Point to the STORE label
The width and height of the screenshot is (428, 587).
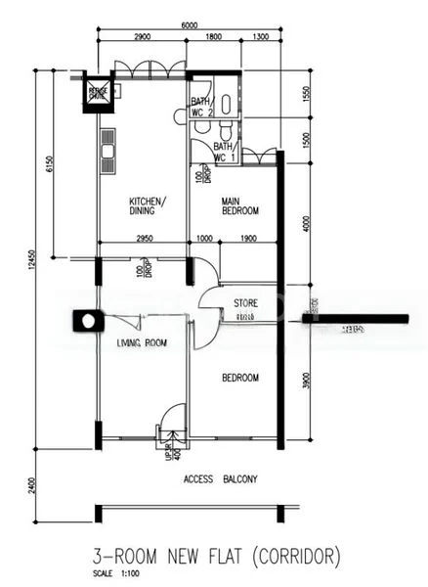pyautogui.click(x=245, y=303)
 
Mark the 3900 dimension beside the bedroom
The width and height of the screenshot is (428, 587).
pyautogui.click(x=307, y=384)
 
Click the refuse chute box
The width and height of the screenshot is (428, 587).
pyautogui.click(x=99, y=94)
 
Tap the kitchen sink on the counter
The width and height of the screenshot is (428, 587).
pyautogui.click(x=106, y=153)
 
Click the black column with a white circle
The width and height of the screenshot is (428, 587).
pyautogui.click(x=87, y=321)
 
